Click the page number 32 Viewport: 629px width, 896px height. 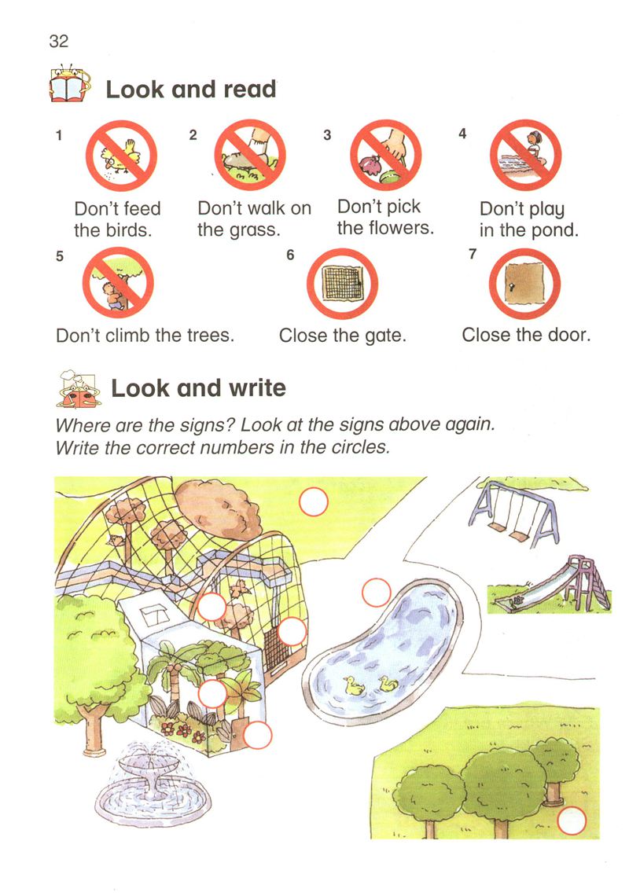click(x=59, y=41)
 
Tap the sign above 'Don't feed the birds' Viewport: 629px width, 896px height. click(x=121, y=156)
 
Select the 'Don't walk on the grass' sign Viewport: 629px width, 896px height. click(x=250, y=155)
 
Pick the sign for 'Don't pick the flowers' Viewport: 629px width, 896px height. click(x=386, y=155)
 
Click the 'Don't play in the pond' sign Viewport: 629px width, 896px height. click(x=525, y=155)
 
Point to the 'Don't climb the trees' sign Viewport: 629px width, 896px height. click(x=118, y=283)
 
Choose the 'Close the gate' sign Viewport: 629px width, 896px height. click(x=342, y=284)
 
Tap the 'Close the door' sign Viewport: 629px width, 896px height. click(x=524, y=284)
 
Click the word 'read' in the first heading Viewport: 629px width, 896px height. click(x=249, y=90)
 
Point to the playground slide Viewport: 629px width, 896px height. click(x=552, y=583)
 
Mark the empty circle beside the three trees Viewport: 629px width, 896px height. click(x=572, y=821)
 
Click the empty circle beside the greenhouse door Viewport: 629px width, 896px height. click(x=257, y=735)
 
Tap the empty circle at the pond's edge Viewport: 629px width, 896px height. click(x=377, y=593)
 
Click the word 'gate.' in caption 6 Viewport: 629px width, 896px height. click(x=386, y=336)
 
